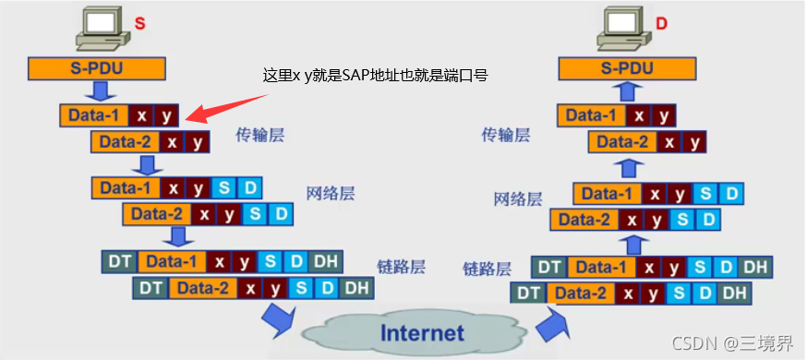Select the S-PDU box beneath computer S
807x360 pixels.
(x=96, y=68)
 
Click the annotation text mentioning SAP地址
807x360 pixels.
(x=375, y=76)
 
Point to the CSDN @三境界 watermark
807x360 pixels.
(x=732, y=343)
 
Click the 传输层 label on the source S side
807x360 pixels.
(x=259, y=135)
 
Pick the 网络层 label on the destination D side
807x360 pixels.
(x=518, y=198)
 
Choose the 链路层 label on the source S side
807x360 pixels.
(x=401, y=267)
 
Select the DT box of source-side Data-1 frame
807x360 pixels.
(x=117, y=261)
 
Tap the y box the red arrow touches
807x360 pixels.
(x=166, y=115)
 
